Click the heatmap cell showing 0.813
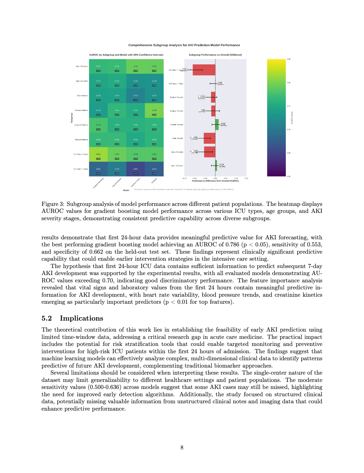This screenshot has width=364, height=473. pyautogui.click(x=98, y=154)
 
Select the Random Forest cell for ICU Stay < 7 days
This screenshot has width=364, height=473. pyautogui.click(x=136, y=169)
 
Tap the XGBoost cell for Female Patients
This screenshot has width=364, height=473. pyautogui.click(x=154, y=111)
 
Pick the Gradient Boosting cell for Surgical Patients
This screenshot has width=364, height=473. pyautogui.click(x=98, y=125)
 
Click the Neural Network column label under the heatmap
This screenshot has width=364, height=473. pyautogui.click(x=117, y=183)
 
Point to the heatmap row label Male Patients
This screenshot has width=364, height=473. pyautogui.click(x=82, y=96)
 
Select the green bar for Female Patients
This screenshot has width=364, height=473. pyautogui.click(x=217, y=125)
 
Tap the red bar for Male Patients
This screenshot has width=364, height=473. pyautogui.click(x=210, y=138)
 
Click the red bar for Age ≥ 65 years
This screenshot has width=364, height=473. pyautogui.click(x=210, y=152)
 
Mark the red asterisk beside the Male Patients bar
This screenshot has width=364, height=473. pyautogui.click(x=190, y=138)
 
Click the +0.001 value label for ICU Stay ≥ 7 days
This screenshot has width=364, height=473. pyautogui.click(x=220, y=84)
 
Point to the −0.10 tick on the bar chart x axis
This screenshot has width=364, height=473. pyautogui.click(x=194, y=178)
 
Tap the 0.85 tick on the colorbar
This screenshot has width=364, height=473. pyautogui.click(x=289, y=59)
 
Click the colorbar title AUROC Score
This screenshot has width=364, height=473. pyautogui.click(x=292, y=118)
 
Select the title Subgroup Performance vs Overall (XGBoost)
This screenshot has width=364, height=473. pyautogui.click(x=215, y=55)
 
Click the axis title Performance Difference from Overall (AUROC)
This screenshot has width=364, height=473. pyautogui.click(x=215, y=181)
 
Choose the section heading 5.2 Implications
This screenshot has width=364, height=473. pyautogui.click(x=72, y=318)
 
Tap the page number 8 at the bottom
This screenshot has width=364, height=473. pyautogui.click(x=182, y=448)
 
